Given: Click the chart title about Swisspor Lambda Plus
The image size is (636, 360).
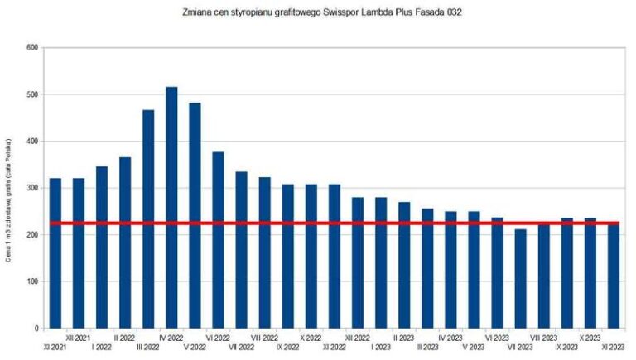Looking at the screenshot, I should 319,13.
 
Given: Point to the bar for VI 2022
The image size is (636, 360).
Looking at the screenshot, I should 218,240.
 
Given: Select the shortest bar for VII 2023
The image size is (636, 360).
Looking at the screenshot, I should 520,278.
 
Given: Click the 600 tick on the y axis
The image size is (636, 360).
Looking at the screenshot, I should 33,48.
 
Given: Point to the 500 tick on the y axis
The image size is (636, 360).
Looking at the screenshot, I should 33,95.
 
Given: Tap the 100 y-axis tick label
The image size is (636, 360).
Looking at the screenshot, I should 33,282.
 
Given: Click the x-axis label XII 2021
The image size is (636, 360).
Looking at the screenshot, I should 79,338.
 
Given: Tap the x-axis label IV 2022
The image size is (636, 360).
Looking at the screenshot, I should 171,338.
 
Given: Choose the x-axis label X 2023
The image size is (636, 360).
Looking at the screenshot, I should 589,338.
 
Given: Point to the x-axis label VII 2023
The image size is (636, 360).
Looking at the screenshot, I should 519,348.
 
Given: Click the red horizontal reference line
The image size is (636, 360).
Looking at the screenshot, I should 331,223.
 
